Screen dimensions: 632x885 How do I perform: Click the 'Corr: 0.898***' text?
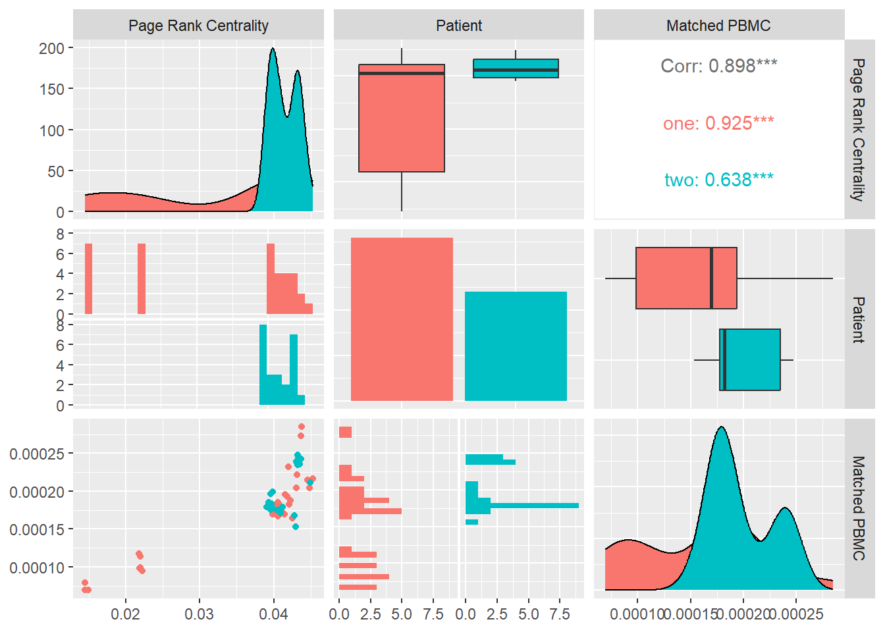point(718,66)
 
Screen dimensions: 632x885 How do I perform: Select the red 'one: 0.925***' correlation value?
point(718,123)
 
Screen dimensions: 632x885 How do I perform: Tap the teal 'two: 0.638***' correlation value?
point(718,180)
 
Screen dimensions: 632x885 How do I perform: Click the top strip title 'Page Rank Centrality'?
point(198,26)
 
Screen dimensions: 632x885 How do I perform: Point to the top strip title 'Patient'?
point(459,26)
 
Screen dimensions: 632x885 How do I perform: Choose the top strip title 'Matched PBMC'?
point(718,26)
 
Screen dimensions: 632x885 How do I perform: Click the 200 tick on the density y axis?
point(51,48)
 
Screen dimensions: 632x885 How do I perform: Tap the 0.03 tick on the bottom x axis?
point(200,614)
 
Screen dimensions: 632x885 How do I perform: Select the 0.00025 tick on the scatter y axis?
point(37,454)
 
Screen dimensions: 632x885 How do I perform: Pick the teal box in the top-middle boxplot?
point(516,68)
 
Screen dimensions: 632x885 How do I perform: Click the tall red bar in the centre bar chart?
point(402,319)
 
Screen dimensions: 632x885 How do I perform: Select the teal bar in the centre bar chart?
point(516,346)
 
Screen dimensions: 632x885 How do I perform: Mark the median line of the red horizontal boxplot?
point(711,278)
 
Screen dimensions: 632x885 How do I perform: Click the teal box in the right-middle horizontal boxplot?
point(751,359)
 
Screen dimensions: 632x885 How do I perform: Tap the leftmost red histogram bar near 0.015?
point(88,278)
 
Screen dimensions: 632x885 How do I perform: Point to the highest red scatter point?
point(302,427)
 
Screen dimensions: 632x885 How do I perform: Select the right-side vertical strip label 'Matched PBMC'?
point(859,508)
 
